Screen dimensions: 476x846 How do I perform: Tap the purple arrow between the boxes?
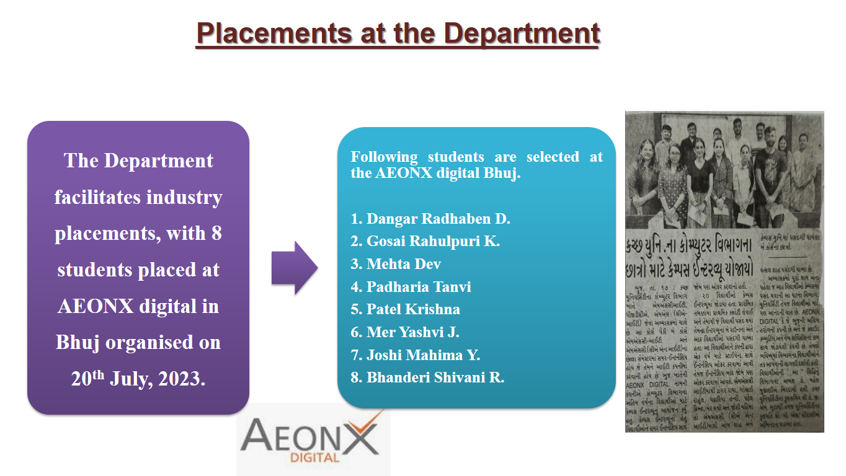click(294, 268)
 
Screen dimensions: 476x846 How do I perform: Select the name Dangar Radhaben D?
click(430, 219)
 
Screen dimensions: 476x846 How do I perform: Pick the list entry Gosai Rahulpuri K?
click(425, 241)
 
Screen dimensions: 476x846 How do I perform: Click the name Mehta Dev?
click(396, 264)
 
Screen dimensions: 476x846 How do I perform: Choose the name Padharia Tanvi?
click(411, 287)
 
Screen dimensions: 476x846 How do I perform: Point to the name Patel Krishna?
click(406, 309)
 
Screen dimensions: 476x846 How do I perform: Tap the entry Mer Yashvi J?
click(405, 332)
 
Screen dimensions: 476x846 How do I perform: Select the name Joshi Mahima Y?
click(416, 355)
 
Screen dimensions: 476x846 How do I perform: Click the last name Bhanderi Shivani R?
click(427, 377)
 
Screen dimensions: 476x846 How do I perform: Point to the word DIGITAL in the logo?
click(314, 459)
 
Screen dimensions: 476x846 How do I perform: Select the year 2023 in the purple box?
click(180, 379)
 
